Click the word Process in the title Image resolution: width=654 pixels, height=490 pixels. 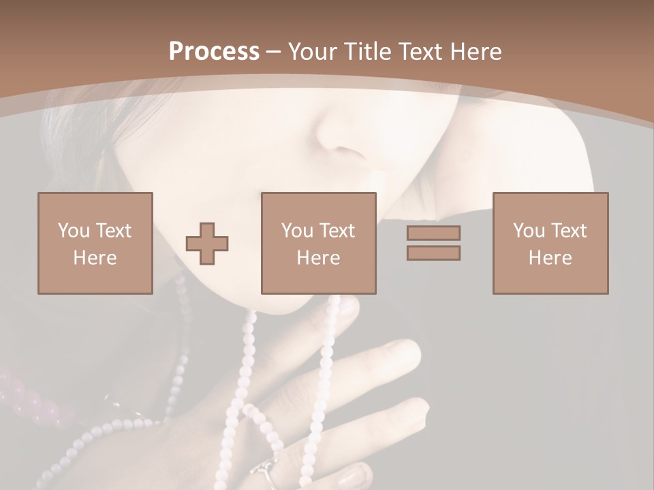tap(214, 52)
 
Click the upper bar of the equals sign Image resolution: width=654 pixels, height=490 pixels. tap(433, 233)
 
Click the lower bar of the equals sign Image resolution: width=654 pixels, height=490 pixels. tap(433, 253)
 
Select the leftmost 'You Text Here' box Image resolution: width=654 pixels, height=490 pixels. tap(95, 243)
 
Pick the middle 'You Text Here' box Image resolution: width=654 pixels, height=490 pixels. tap(319, 243)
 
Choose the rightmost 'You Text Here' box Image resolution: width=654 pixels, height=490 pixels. tap(550, 243)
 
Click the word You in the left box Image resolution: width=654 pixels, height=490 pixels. tap(74, 231)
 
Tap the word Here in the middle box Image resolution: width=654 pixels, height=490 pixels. tap(319, 258)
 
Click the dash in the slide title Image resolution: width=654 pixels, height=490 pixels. tap(273, 52)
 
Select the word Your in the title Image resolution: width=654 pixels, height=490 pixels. tap(311, 52)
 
